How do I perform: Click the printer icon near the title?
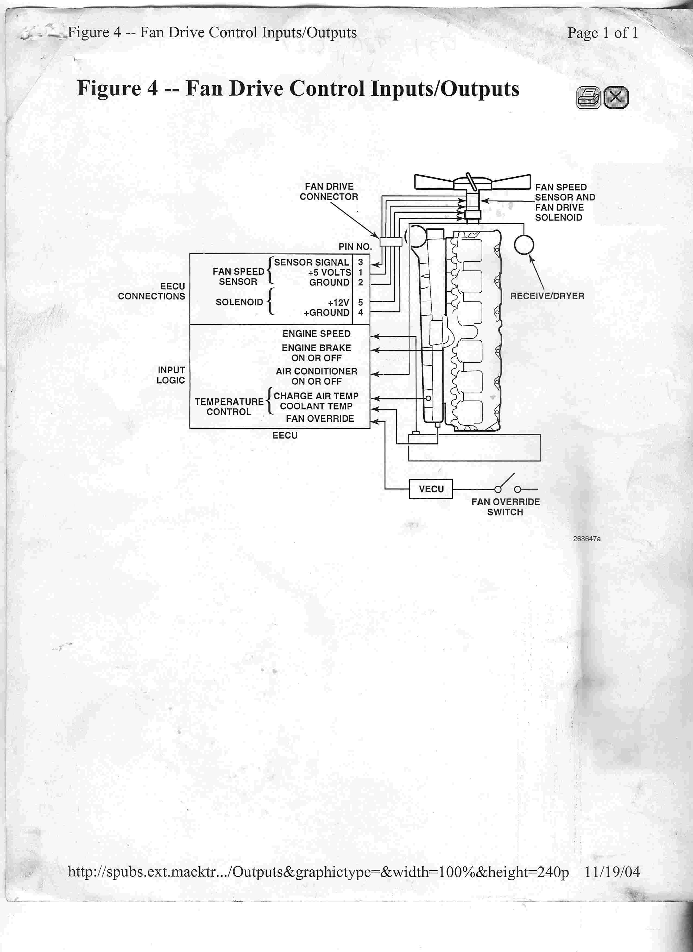coord(588,98)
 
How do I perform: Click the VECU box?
coord(431,489)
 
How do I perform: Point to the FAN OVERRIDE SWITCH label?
coord(505,507)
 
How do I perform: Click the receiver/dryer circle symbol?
coord(524,245)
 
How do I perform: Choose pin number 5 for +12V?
coord(360,302)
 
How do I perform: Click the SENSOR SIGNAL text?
coord(311,262)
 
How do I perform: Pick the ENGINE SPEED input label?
coord(316,334)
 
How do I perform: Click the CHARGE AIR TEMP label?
coord(316,396)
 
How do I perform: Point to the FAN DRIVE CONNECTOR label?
coord(329,192)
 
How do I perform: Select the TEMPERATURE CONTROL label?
coord(229,406)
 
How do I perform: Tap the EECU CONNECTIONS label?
coord(152,291)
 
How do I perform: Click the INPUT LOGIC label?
coord(171,375)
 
